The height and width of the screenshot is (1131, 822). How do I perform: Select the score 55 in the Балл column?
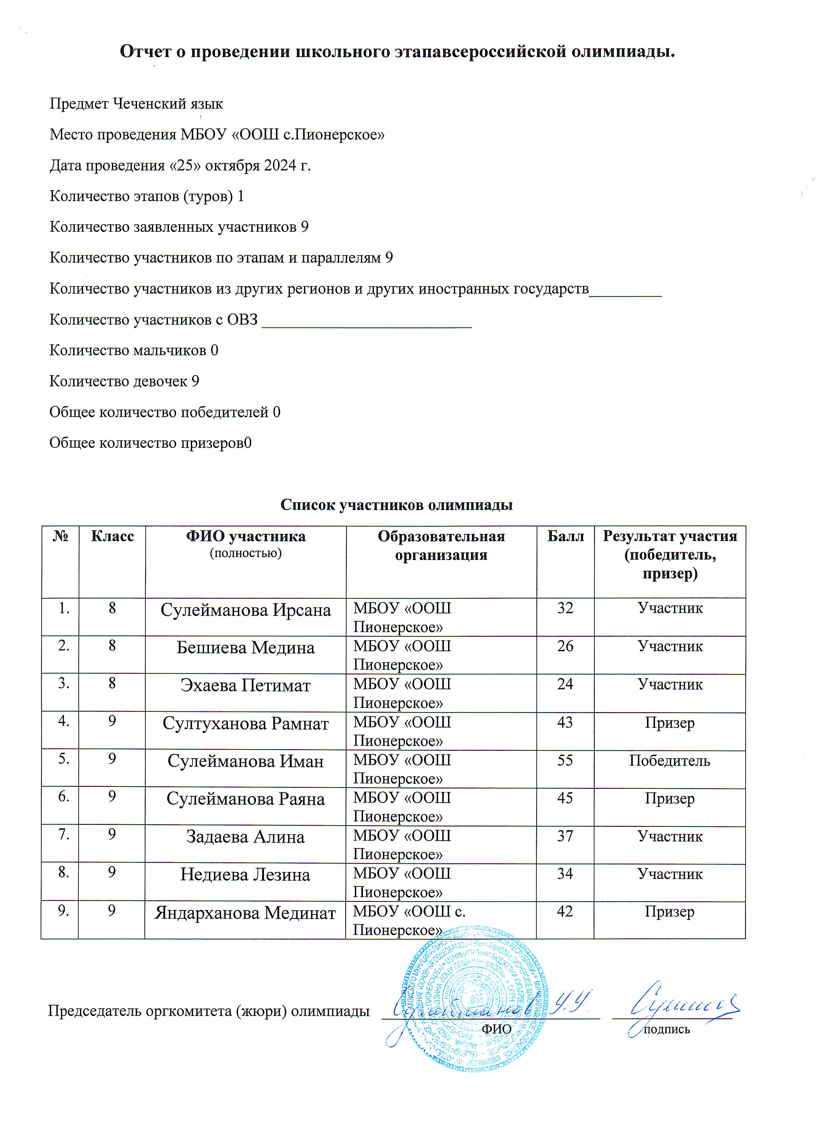click(x=565, y=760)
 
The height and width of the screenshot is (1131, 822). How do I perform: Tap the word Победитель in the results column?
click(x=670, y=760)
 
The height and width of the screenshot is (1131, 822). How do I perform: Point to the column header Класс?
click(x=112, y=536)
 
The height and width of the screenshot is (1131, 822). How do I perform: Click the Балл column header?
click(x=565, y=536)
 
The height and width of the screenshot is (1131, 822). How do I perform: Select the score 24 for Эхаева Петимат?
click(x=565, y=684)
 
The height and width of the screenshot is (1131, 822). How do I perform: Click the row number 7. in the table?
click(x=64, y=834)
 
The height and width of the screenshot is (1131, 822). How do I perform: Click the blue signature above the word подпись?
click(x=683, y=1002)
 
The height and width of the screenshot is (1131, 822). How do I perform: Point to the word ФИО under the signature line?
click(x=496, y=1029)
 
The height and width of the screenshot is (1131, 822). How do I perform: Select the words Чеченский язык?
click(x=168, y=104)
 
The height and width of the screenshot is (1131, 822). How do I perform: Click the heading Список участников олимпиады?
click(x=396, y=505)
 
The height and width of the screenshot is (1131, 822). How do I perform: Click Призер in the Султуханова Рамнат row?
click(x=670, y=722)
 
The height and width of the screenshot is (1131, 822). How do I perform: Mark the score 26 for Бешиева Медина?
click(x=565, y=646)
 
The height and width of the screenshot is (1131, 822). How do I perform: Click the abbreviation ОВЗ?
click(x=242, y=320)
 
